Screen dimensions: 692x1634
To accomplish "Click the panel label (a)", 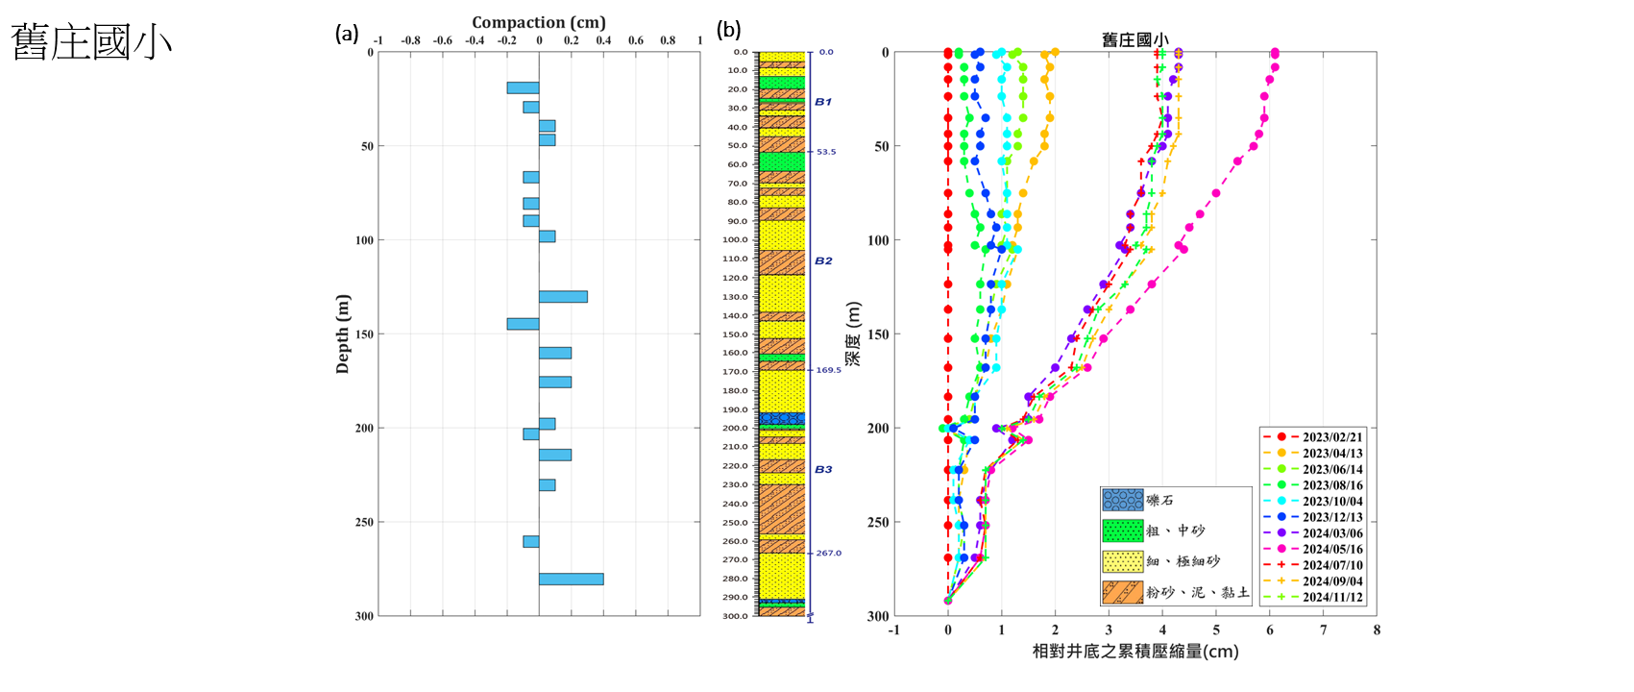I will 347,34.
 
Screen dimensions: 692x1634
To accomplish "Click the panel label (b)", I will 729,30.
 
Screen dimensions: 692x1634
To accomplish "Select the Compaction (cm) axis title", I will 538,22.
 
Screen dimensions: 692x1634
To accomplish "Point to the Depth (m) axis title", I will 343,334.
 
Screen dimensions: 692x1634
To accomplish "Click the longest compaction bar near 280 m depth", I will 571,579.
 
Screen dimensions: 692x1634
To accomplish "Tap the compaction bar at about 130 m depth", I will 563,297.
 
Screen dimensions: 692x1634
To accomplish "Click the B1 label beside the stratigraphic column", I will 823,102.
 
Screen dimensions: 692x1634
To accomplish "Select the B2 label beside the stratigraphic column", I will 823,260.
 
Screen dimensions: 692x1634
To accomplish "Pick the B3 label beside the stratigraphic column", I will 823,469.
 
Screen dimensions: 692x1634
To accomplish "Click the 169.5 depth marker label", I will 828,370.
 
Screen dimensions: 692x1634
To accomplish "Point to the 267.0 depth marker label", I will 828,553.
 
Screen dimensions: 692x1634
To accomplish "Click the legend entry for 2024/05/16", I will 1331,549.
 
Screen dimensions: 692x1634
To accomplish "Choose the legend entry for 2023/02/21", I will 1331,437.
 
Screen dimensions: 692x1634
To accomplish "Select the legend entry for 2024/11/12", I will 1331,597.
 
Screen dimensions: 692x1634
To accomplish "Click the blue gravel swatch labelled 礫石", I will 1122,500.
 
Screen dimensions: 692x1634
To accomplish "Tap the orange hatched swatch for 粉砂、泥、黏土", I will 1122,592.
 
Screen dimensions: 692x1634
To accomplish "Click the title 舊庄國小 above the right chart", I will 1134,39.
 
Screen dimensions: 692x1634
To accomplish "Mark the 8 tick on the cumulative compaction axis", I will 1377,630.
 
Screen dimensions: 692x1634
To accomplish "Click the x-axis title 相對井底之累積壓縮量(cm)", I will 1134,652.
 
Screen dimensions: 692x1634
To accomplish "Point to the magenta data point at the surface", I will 1275,53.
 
